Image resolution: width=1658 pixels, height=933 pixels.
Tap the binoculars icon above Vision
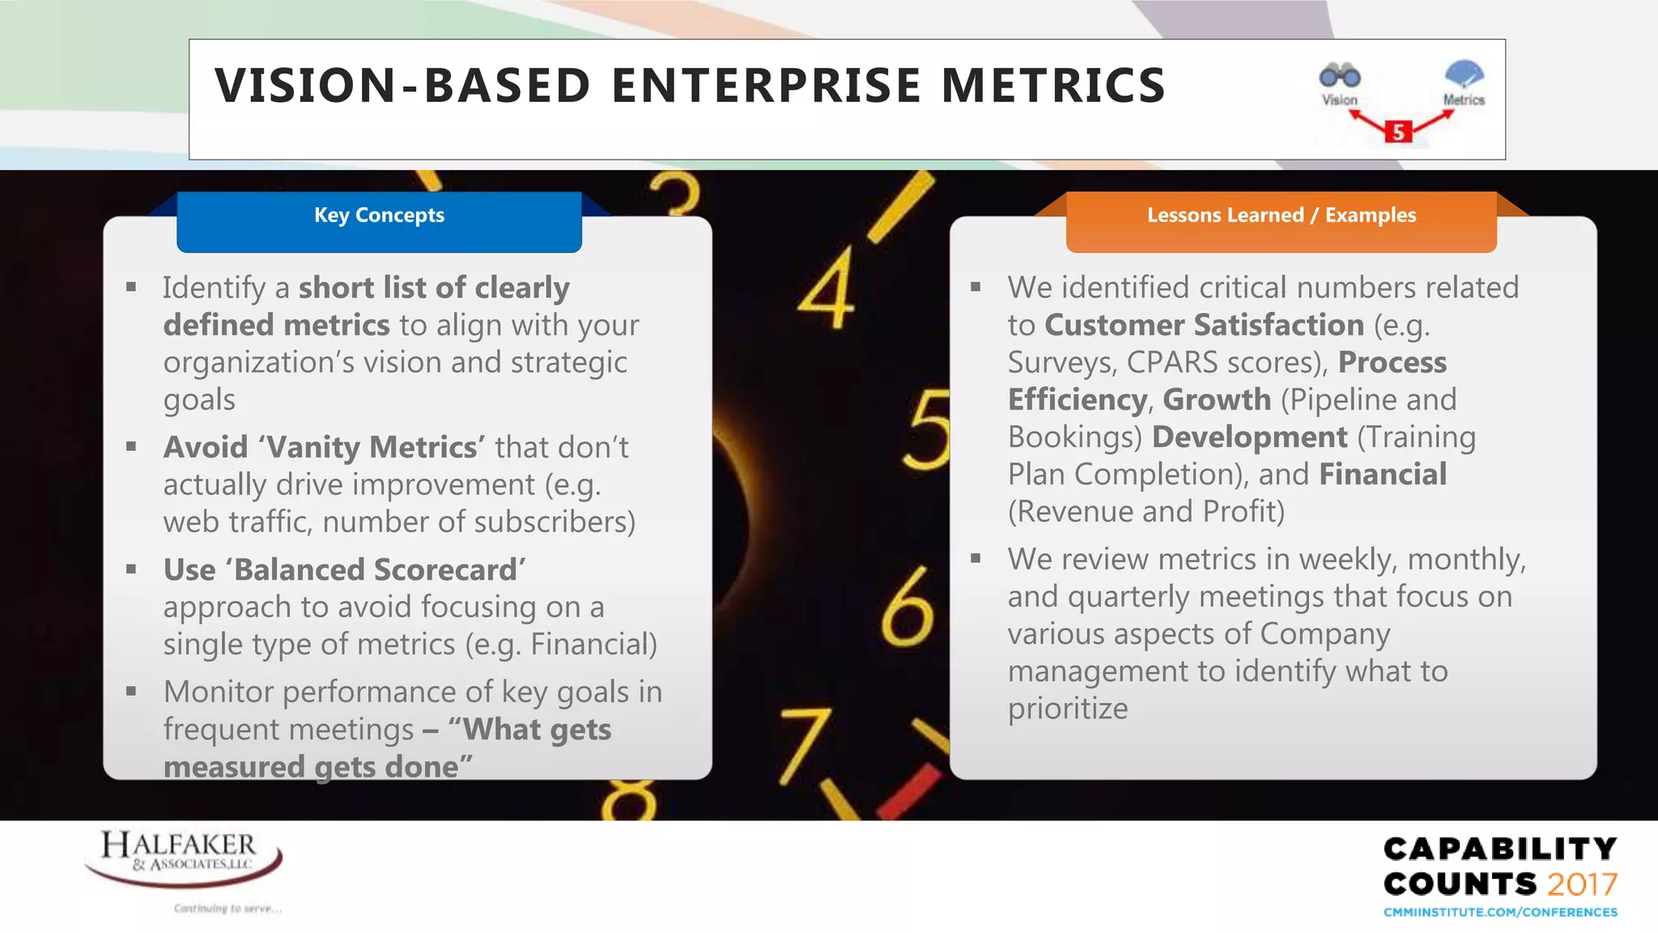coord(1340,76)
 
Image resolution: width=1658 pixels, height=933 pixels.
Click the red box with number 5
coord(1398,131)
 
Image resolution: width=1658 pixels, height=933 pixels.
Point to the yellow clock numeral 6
coord(907,607)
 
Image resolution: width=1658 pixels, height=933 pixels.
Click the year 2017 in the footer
coord(1582,884)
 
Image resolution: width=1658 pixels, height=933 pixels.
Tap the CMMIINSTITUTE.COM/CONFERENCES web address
coord(1500,912)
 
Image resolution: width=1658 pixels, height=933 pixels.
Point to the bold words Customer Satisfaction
coord(1204,325)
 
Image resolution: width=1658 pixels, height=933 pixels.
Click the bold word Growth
coord(1217,399)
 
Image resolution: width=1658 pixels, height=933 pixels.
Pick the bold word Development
coord(1249,437)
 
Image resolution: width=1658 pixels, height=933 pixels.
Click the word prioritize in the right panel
coord(1067,709)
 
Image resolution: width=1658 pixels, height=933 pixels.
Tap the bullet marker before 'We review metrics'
coord(976,558)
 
